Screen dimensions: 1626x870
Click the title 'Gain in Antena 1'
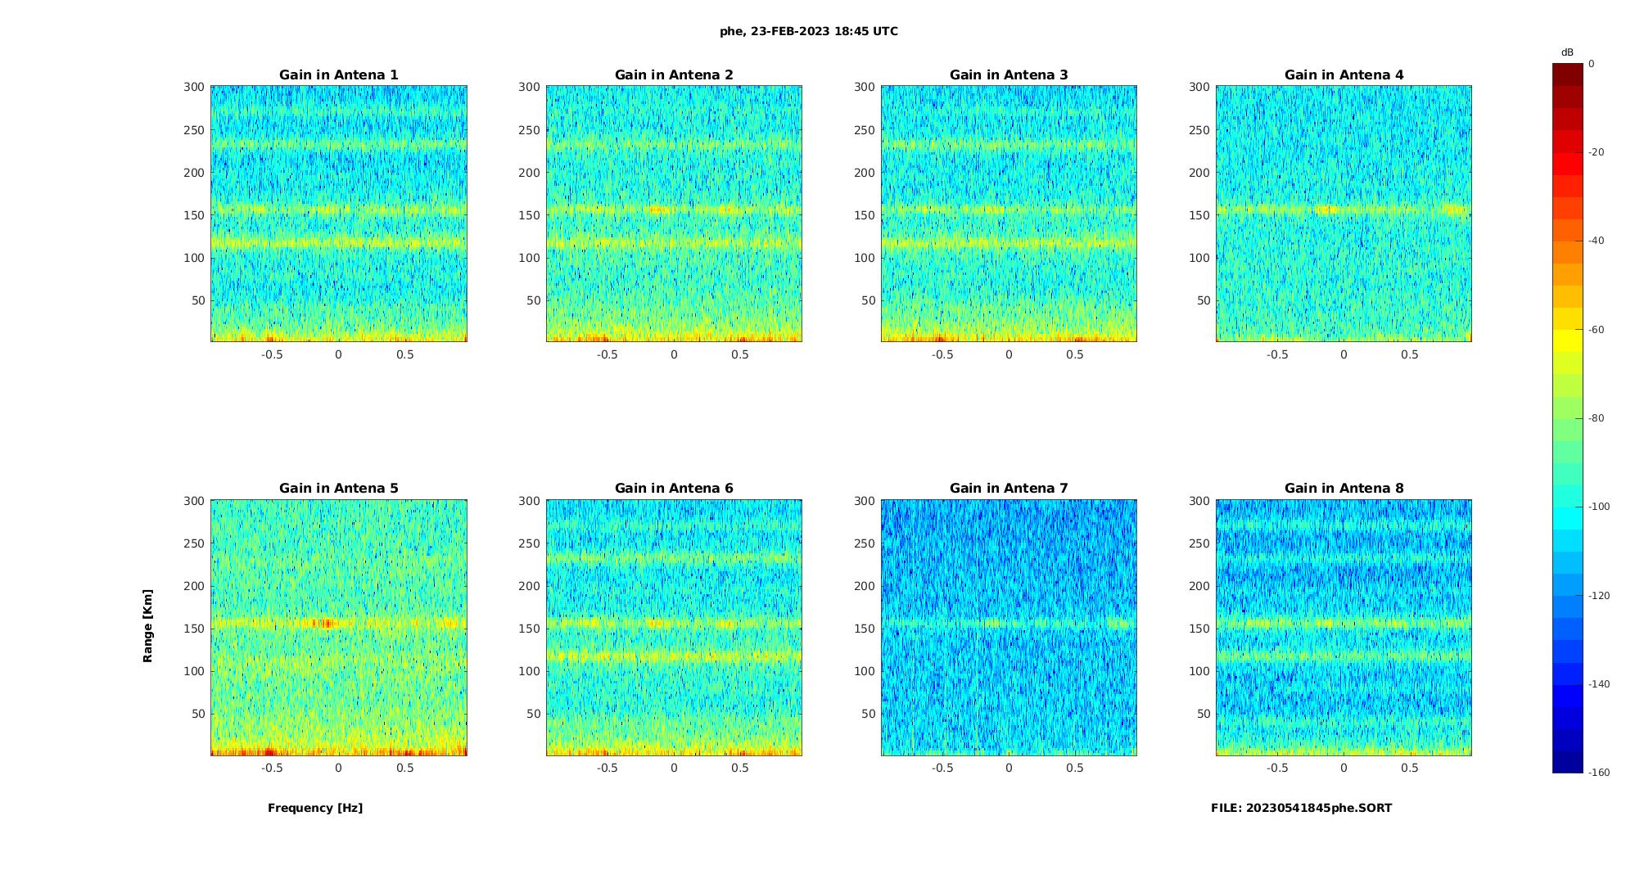tap(338, 75)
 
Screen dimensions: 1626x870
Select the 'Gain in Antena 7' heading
tap(1009, 489)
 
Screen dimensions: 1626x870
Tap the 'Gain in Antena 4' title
tap(1344, 75)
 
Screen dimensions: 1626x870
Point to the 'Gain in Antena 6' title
tap(674, 489)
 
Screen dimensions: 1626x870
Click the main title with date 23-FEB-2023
tap(809, 32)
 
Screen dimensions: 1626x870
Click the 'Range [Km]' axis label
tap(148, 626)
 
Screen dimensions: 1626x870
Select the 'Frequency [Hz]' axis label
tap(315, 808)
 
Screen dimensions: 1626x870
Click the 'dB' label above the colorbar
tap(1567, 52)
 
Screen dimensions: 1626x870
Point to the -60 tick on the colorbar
tap(1596, 330)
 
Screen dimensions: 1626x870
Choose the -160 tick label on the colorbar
tap(1598, 773)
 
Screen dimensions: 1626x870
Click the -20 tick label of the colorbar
tap(1596, 152)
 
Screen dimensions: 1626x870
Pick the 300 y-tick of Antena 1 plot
tap(193, 87)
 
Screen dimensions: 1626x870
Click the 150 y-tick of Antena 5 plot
tap(193, 629)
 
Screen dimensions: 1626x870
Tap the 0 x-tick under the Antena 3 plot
tap(1009, 354)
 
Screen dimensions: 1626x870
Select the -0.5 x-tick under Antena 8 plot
tap(1277, 768)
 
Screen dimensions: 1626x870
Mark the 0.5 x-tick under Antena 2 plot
tap(740, 354)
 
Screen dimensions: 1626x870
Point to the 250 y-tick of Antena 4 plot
tap(1199, 130)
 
